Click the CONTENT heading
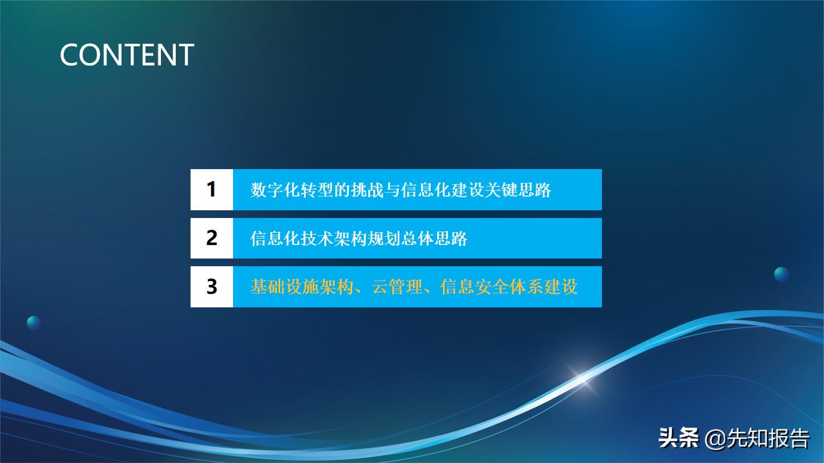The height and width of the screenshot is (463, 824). coord(127,55)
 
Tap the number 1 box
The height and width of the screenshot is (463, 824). coord(211,190)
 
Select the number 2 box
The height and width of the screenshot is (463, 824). coord(211,238)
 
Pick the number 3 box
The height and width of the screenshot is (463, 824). coord(211,286)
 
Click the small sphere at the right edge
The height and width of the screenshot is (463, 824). coord(782,274)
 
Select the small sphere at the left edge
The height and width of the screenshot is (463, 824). coord(33,323)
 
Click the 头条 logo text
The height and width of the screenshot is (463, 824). coord(679,439)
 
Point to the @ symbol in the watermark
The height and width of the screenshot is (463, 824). coord(715,439)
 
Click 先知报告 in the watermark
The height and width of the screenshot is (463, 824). coord(768,439)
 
